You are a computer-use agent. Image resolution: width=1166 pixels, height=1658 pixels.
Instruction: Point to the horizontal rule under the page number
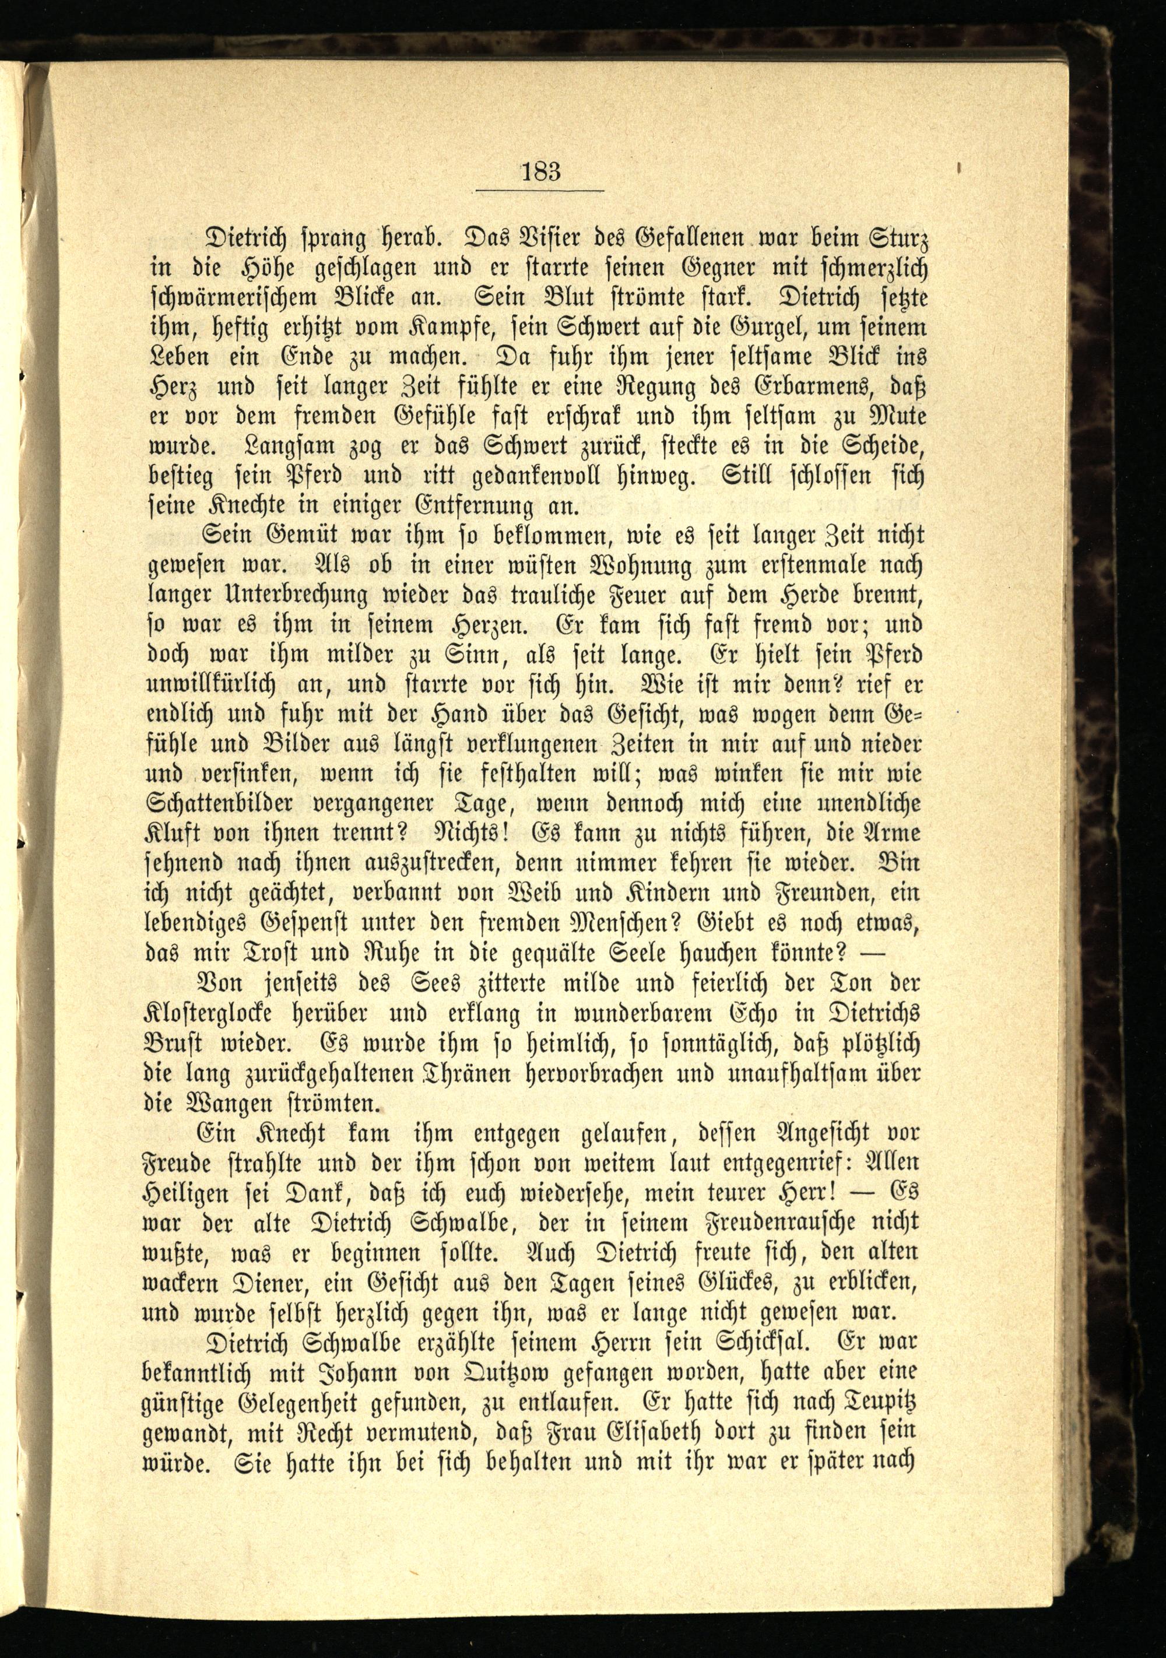(x=539, y=191)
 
